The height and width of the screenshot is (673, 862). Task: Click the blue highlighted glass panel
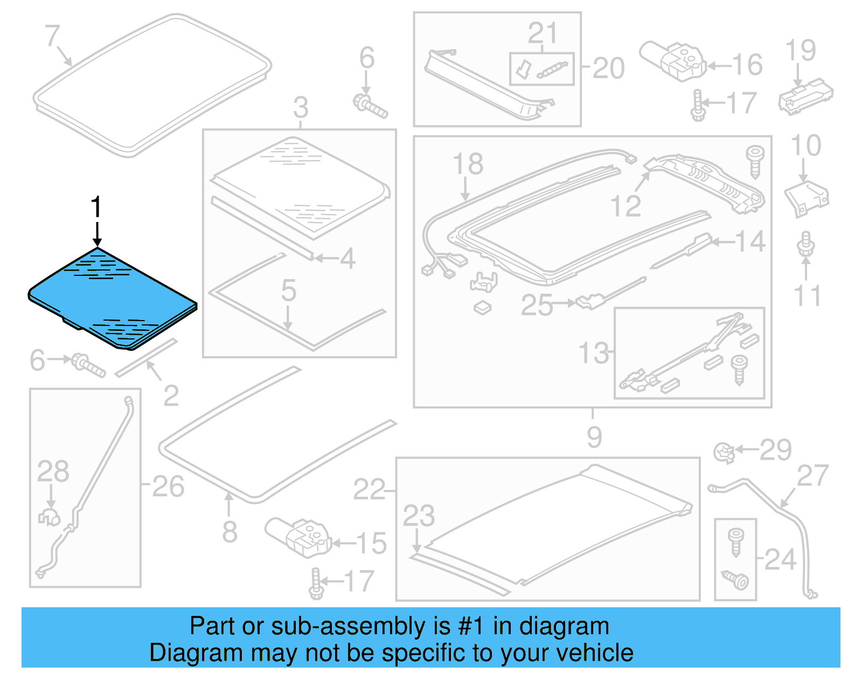[113, 296]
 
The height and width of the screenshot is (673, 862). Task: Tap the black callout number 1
[96, 207]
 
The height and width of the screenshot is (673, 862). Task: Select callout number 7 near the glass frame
[52, 36]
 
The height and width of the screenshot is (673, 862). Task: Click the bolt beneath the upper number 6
[370, 106]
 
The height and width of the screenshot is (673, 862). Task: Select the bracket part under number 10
[806, 198]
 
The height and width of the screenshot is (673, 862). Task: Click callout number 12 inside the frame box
[625, 206]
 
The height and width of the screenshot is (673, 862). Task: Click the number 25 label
[537, 305]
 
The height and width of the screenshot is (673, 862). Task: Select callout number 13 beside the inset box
[593, 353]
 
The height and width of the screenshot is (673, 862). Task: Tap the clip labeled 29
[724, 452]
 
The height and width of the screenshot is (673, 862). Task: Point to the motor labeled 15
[298, 536]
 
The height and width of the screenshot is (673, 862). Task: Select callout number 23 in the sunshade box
[419, 516]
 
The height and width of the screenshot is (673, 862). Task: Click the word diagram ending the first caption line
[564, 626]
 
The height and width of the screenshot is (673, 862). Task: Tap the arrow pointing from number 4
[326, 258]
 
